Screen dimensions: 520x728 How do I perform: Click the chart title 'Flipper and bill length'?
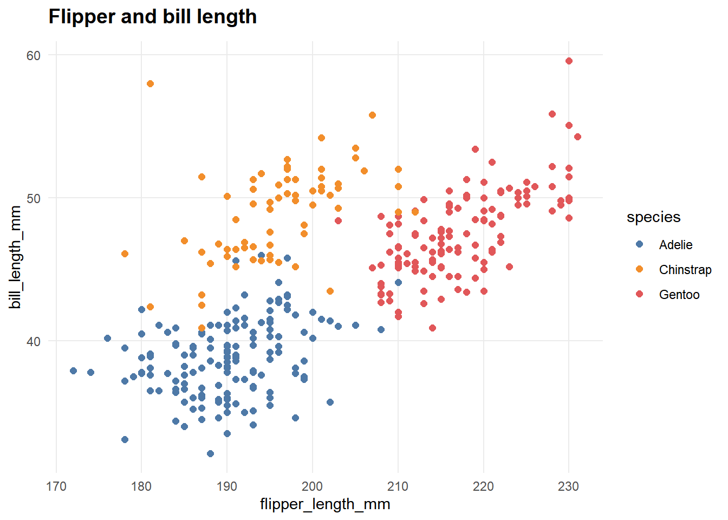tap(153, 17)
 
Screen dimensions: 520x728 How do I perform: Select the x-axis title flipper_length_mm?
tap(325, 504)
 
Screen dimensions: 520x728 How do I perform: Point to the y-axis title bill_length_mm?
tap(16, 257)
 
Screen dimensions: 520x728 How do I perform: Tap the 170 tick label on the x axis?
tap(56, 486)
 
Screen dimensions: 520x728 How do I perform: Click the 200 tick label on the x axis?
tap(313, 486)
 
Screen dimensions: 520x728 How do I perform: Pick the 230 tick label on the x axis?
tap(568, 486)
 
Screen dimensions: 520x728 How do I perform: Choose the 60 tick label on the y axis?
tap(34, 55)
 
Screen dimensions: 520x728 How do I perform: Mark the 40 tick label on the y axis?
tap(34, 341)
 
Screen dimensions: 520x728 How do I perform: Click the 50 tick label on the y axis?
tap(34, 198)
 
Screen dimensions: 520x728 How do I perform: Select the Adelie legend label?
tap(675, 245)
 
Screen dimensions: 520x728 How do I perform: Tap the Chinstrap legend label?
tap(685, 270)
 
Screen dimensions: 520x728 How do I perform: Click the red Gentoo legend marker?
tap(639, 294)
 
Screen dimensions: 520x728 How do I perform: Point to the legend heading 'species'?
tap(653, 217)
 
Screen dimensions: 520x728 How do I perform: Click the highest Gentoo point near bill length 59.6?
tap(569, 61)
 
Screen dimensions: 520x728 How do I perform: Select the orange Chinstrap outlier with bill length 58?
tap(150, 83)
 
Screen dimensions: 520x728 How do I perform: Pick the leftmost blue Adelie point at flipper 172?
tap(73, 371)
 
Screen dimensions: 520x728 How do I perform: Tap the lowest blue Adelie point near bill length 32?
tap(210, 453)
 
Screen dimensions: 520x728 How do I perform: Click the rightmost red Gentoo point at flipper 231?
tap(577, 136)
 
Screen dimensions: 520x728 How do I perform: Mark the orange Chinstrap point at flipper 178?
tap(125, 253)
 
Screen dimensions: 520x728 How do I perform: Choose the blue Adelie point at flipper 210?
tap(398, 282)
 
